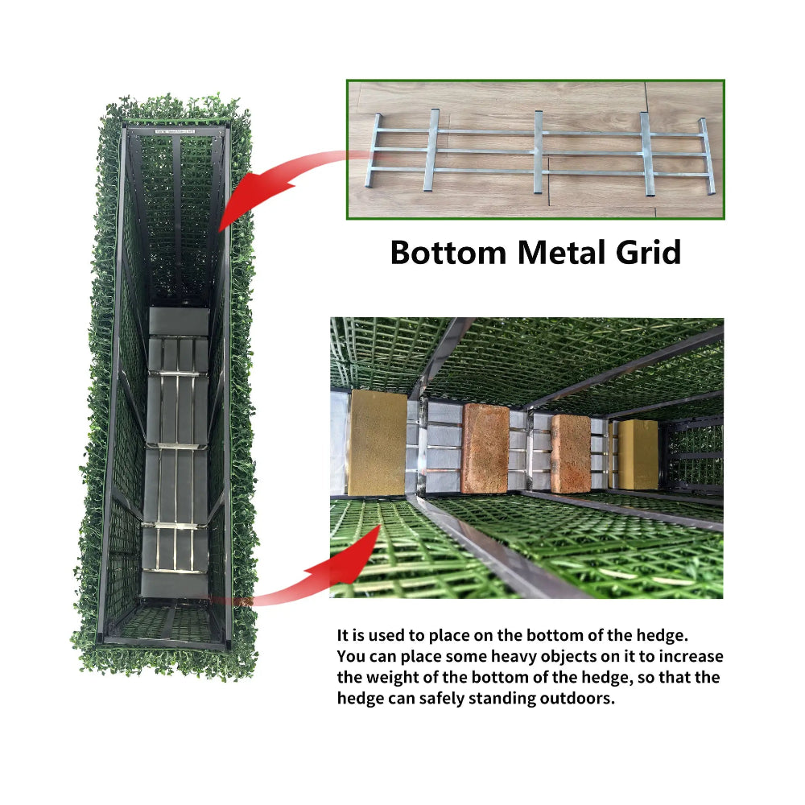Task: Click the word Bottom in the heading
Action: pos(448,253)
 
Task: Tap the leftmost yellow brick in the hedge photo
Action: pos(378,443)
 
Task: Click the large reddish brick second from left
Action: pos(485,448)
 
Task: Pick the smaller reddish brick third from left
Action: pos(571,453)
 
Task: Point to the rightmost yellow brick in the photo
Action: pos(638,454)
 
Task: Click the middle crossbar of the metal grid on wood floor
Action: pos(538,152)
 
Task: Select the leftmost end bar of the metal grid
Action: pos(374,150)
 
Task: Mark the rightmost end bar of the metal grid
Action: pos(707,156)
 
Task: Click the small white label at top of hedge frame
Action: pos(175,131)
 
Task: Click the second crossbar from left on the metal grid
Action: pos(431,150)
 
